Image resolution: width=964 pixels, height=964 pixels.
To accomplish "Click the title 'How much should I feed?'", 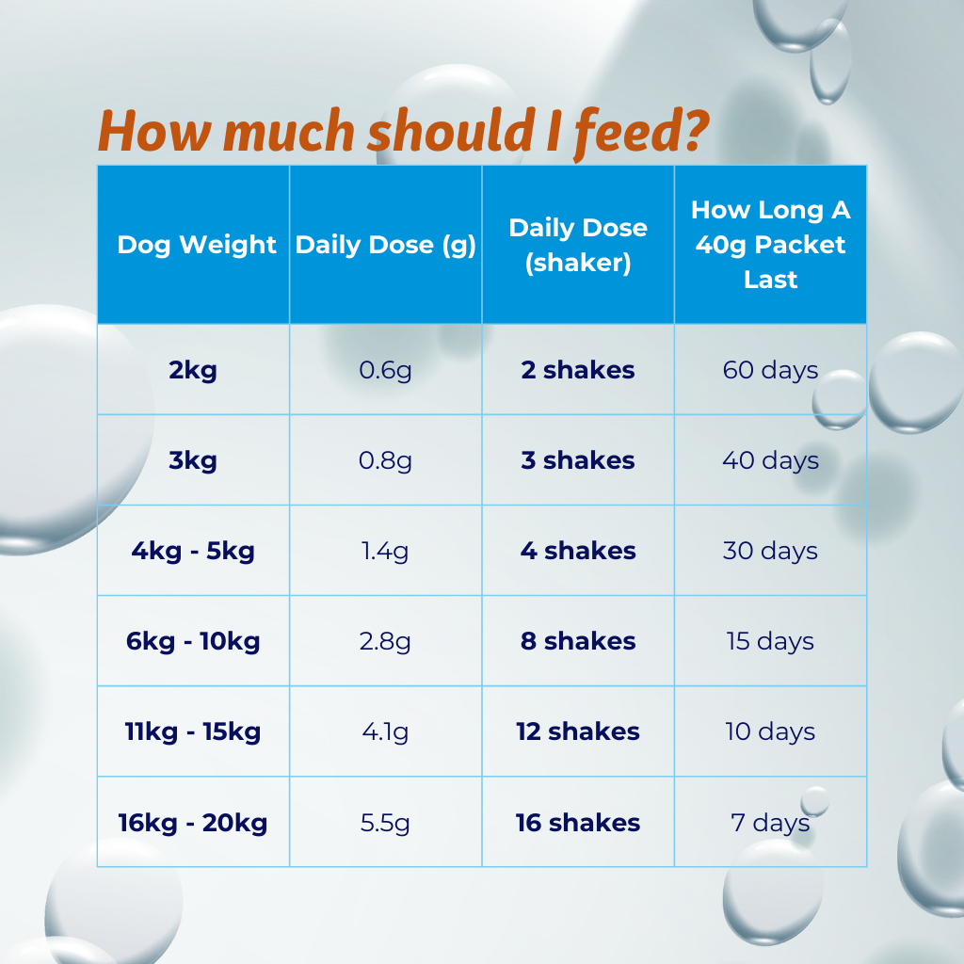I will (402, 132).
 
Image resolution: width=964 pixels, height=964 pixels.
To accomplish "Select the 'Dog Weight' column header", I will (196, 245).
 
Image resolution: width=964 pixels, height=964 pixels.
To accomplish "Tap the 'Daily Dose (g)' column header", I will (386, 245).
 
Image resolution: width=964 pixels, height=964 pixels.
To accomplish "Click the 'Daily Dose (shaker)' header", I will (578, 245).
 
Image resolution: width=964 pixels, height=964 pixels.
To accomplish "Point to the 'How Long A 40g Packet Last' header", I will (770, 245).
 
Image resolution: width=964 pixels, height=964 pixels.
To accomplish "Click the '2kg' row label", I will (193, 370).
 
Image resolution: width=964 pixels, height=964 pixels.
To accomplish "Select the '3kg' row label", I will (193, 460).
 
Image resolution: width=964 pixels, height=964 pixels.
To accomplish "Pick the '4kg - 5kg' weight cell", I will (193, 551).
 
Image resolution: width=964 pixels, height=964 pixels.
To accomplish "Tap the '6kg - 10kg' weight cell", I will (193, 641).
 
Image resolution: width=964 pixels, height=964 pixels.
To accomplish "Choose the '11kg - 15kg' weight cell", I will (193, 731).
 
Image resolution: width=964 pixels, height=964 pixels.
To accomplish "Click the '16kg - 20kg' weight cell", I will (193, 823).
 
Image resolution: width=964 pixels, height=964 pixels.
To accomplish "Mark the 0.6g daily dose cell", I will (386, 370).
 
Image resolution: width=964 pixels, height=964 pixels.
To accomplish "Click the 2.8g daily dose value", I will (386, 641).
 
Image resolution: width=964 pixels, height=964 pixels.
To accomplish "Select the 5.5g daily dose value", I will (386, 823).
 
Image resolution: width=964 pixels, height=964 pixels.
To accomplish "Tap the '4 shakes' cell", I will (578, 551).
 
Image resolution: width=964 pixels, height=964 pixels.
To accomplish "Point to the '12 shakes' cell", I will (578, 731).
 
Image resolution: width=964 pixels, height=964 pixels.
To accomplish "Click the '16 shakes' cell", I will (578, 823).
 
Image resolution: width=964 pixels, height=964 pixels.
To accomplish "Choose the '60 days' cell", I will (770, 370).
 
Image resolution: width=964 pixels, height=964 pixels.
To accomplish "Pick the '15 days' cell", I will (770, 641).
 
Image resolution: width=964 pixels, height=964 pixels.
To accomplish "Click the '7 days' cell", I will (770, 823).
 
